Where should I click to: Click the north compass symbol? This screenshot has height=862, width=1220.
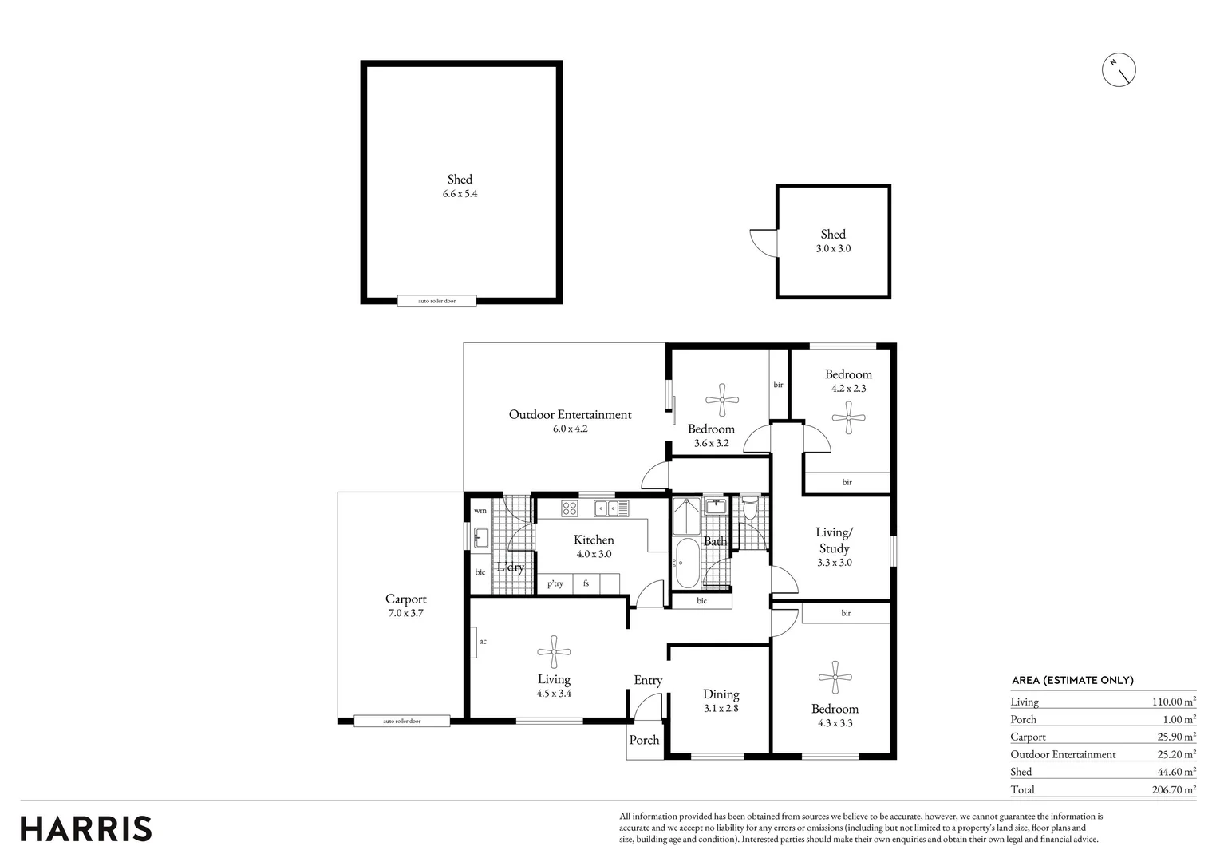click(x=1119, y=70)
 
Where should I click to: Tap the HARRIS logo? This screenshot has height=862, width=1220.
click(x=86, y=828)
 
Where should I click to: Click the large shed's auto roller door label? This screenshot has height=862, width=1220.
click(x=436, y=301)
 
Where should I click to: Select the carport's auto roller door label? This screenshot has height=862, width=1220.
click(x=402, y=721)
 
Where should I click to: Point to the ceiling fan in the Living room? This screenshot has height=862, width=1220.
click(x=554, y=651)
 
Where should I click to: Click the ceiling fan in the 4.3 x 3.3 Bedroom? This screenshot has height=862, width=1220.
click(x=835, y=678)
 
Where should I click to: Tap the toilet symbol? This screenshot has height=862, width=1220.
click(x=750, y=507)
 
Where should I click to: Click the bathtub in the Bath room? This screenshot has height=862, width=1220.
click(x=686, y=563)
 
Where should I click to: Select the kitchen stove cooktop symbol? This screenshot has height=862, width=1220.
click(x=569, y=508)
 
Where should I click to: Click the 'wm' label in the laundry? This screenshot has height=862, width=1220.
click(x=480, y=511)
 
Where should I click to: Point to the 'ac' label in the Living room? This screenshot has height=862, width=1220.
click(x=483, y=642)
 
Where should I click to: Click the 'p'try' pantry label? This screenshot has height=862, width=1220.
click(x=555, y=583)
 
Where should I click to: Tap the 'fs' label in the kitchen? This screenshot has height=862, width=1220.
click(x=586, y=583)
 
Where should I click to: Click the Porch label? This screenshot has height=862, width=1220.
click(x=645, y=739)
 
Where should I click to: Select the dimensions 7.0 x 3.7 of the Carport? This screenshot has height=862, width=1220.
click(x=406, y=612)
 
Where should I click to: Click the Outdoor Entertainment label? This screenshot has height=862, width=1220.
click(x=571, y=414)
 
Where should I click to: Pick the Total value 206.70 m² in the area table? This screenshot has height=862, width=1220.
click(x=1174, y=789)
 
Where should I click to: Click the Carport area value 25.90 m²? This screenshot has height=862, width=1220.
click(x=1176, y=737)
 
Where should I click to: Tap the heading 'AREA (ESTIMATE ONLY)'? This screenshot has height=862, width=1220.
click(x=1072, y=680)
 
